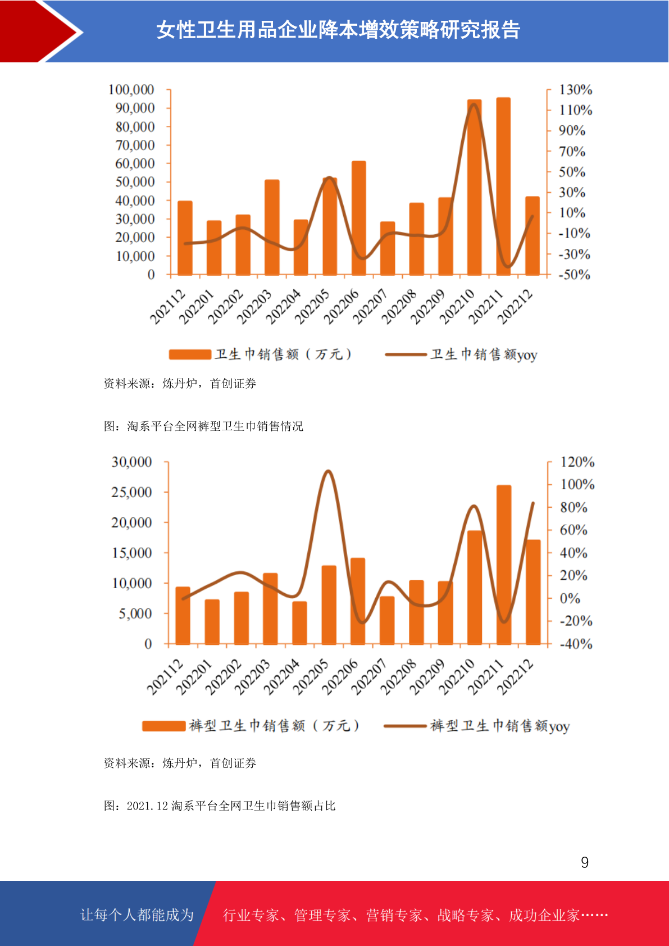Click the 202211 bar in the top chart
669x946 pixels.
(503, 187)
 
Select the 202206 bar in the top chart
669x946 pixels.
(358, 218)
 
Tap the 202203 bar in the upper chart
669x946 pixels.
(272, 227)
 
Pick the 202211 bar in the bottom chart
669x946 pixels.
(504, 565)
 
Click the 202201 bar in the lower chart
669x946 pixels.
(212, 622)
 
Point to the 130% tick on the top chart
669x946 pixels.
(575, 89)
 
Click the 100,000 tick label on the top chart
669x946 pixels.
(131, 89)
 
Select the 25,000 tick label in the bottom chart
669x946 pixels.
(131, 492)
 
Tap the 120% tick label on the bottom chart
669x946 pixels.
(577, 462)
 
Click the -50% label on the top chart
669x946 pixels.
(575, 275)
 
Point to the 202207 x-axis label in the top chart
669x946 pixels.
(370, 306)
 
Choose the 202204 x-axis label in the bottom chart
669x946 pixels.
(282, 677)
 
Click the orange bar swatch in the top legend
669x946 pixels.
(190, 354)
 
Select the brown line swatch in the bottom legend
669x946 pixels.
(405, 726)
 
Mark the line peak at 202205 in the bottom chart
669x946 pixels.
(328, 470)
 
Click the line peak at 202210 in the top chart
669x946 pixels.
(474, 104)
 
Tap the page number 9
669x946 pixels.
(585, 862)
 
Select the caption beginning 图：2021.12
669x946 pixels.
(220, 806)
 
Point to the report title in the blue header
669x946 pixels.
(338, 30)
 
